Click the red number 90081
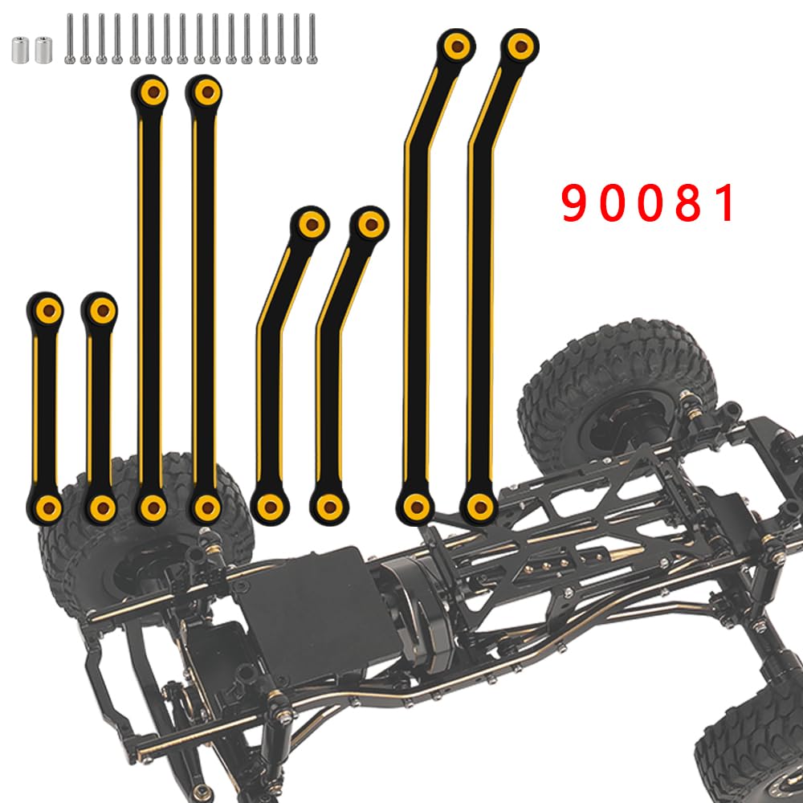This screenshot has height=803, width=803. point(648,203)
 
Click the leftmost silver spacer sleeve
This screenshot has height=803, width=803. point(20,50)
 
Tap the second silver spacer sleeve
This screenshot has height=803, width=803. point(43,50)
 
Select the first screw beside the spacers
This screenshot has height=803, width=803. point(70,39)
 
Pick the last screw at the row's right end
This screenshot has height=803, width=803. point(312,39)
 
